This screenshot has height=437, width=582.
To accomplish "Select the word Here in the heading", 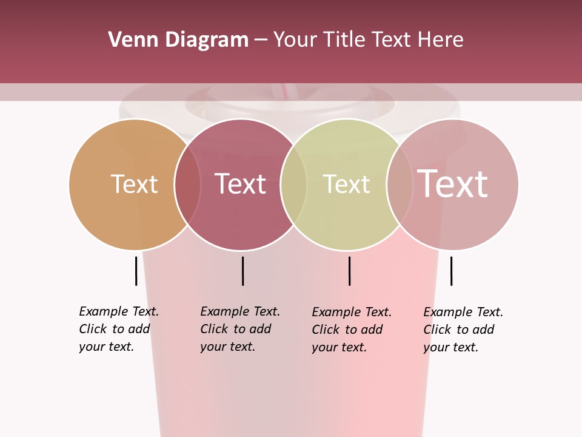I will point(441,40).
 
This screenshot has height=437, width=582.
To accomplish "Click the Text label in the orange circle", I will point(134,184).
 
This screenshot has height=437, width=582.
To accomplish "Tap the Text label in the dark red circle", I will point(240,184).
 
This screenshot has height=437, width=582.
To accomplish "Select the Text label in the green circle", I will point(346,184).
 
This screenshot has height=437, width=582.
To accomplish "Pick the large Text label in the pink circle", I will point(452,183).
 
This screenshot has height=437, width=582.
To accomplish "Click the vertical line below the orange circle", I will point(136,271).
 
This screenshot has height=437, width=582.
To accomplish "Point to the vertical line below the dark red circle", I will point(242,271).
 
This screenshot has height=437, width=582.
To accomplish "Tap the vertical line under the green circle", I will point(349,271).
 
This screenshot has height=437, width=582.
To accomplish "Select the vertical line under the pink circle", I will point(451,271).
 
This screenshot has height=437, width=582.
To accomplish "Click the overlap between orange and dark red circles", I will point(187,185).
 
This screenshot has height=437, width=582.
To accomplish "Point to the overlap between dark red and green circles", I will point(293,185).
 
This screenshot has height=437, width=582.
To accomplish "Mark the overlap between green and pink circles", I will point(400,185).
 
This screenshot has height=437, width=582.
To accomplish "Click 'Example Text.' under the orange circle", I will point(119,311).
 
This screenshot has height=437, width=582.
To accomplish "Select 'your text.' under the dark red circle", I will point(227,347).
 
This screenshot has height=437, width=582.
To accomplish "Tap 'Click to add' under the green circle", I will point(347,330).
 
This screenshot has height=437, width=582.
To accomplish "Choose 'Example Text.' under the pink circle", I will point(463,312).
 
